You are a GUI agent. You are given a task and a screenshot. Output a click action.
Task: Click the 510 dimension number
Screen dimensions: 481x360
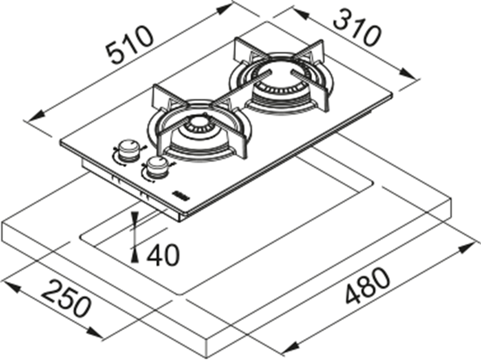[130, 46]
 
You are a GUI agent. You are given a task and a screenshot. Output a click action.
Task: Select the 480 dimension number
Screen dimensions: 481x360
[368, 286]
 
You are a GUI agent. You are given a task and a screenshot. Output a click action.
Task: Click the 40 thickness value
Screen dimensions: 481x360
[163, 255]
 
